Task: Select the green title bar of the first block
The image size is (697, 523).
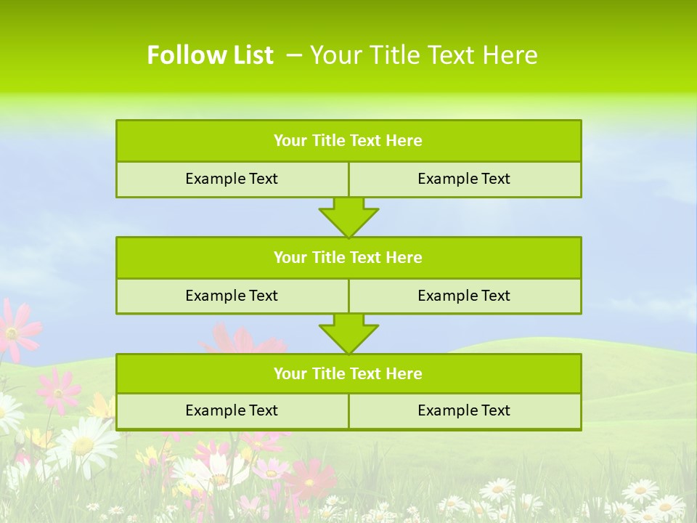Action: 348,141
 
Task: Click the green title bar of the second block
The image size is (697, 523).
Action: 348,257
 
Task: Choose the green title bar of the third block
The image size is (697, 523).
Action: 348,374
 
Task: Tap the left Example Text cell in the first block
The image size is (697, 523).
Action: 232,179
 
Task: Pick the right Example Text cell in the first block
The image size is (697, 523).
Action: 465,179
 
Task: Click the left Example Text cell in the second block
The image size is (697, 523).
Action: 232,296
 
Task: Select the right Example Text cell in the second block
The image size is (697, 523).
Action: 465,296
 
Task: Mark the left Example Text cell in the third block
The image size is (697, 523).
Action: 232,410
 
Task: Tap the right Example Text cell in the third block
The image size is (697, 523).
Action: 465,410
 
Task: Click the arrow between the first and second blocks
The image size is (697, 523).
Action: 348,218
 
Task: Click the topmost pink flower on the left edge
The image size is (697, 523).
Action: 15,331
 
